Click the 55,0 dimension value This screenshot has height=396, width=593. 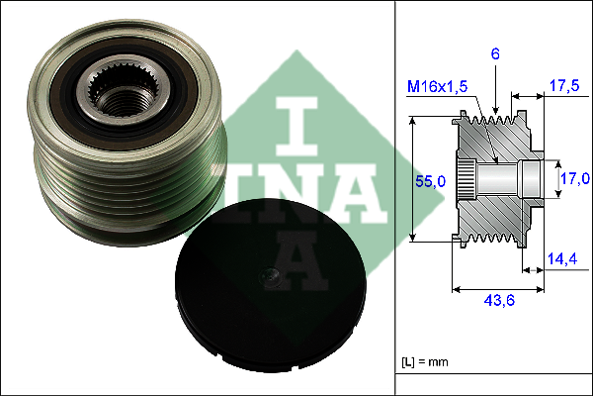point(430,181)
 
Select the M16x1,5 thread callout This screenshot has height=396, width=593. point(437,87)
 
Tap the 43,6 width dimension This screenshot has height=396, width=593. point(499,301)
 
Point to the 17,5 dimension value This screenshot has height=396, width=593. point(564,86)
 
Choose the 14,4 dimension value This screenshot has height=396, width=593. point(562,258)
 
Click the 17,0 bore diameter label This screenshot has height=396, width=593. point(575,178)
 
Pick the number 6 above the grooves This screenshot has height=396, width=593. point(495,54)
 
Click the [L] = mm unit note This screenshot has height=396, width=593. point(425,362)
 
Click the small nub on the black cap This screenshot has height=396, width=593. point(269,275)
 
